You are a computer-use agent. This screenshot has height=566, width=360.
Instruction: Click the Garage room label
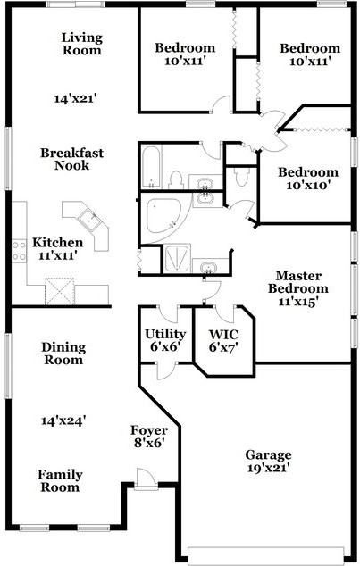(268, 454)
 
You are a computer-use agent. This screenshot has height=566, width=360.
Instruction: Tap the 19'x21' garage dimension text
(269, 468)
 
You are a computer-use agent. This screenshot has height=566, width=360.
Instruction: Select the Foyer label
(149, 430)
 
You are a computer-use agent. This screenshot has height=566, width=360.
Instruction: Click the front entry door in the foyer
(146, 479)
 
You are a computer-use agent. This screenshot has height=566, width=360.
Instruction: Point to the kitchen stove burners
(19, 251)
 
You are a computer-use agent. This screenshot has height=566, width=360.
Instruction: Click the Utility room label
(165, 334)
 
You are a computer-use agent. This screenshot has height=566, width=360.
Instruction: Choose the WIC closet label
(223, 335)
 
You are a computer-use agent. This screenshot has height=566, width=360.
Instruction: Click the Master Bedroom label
(298, 282)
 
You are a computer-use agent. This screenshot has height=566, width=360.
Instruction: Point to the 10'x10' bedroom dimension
(309, 186)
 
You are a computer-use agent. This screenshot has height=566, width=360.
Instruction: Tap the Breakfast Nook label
(71, 159)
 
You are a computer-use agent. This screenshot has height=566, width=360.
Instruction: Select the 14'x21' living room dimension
(77, 98)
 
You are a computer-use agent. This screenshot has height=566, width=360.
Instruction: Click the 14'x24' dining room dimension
(63, 420)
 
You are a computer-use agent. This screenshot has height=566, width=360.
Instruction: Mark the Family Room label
(60, 481)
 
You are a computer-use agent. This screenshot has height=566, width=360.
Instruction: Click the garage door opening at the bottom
(266, 555)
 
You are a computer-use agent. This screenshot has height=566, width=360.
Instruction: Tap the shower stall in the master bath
(177, 259)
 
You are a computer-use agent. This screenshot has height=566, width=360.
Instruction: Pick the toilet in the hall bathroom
(176, 180)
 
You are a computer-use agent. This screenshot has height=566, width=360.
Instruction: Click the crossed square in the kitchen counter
(59, 291)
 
